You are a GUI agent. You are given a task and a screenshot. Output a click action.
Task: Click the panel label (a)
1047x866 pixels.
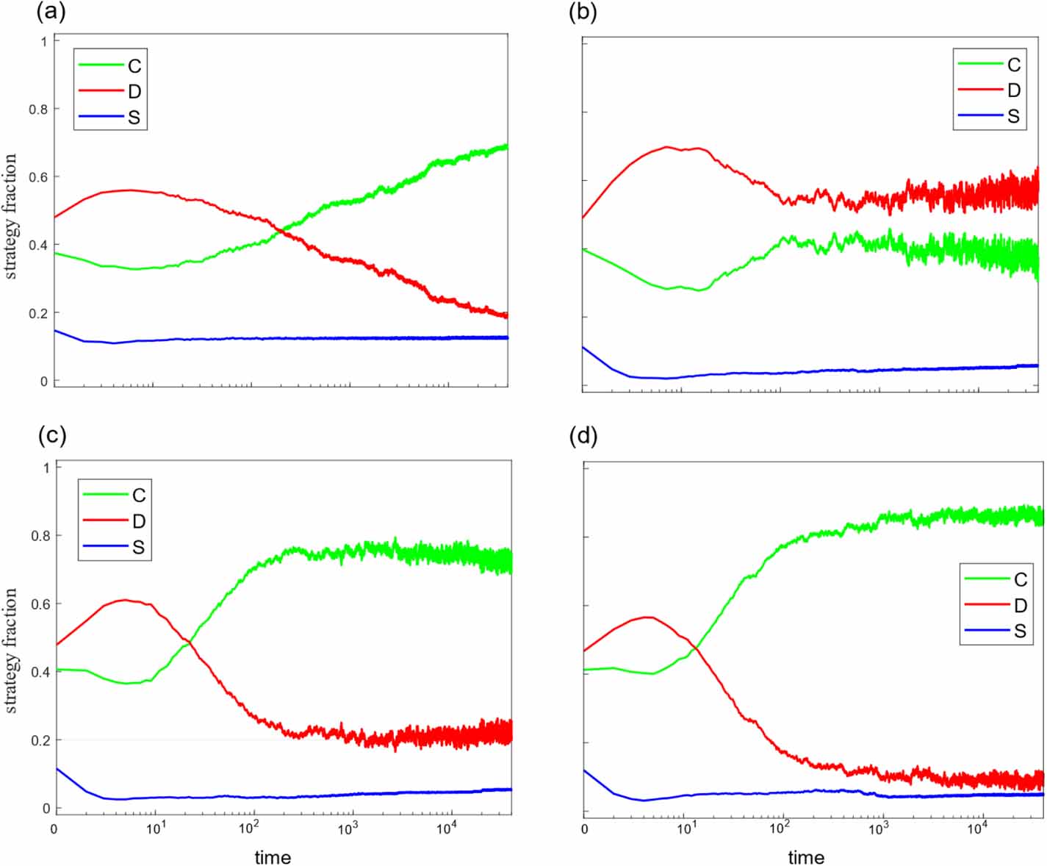(51, 12)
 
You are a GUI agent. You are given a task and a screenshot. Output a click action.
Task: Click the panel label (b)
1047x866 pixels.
(583, 12)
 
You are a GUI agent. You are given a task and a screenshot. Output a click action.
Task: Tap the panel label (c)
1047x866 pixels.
(51, 435)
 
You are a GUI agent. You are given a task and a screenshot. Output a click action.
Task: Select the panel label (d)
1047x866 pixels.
(583, 435)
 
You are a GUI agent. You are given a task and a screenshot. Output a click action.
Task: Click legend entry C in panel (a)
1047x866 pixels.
(134, 66)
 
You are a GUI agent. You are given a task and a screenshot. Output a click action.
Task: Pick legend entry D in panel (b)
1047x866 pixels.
(1013, 90)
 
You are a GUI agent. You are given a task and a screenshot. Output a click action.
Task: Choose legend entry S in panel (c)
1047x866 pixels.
(138, 548)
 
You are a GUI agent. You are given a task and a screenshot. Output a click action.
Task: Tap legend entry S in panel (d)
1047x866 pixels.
(1020, 631)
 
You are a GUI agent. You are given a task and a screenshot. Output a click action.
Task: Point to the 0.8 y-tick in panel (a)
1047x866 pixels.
(38, 109)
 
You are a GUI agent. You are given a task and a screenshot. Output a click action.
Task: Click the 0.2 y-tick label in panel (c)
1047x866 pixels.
(41, 740)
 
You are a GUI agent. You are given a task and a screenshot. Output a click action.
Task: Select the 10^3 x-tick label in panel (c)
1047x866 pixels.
(348, 829)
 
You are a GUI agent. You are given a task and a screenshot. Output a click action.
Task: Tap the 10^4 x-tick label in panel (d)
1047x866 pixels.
(976, 829)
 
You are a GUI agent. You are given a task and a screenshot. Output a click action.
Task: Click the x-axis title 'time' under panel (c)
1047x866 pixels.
(273, 857)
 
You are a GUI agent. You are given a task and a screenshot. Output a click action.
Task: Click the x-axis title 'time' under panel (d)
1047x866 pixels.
(806, 857)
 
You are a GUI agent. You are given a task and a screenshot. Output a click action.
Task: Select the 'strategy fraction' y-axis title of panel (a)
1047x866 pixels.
(10, 216)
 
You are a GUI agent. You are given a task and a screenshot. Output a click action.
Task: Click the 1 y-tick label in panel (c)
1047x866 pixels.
(46, 468)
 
